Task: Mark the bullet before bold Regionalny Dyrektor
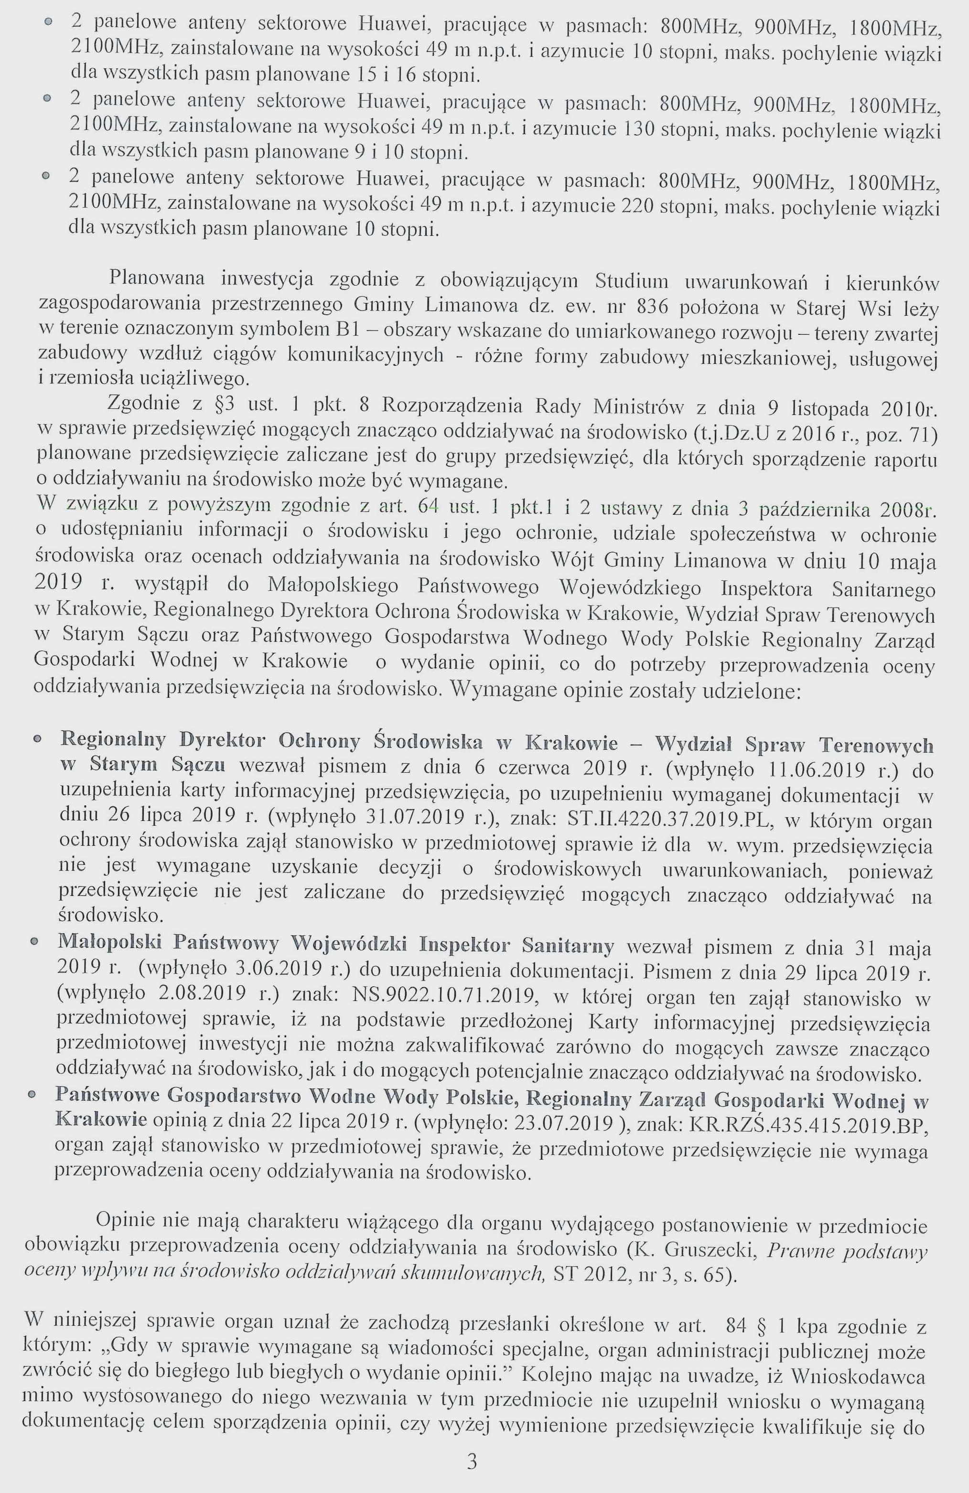click(38, 740)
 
